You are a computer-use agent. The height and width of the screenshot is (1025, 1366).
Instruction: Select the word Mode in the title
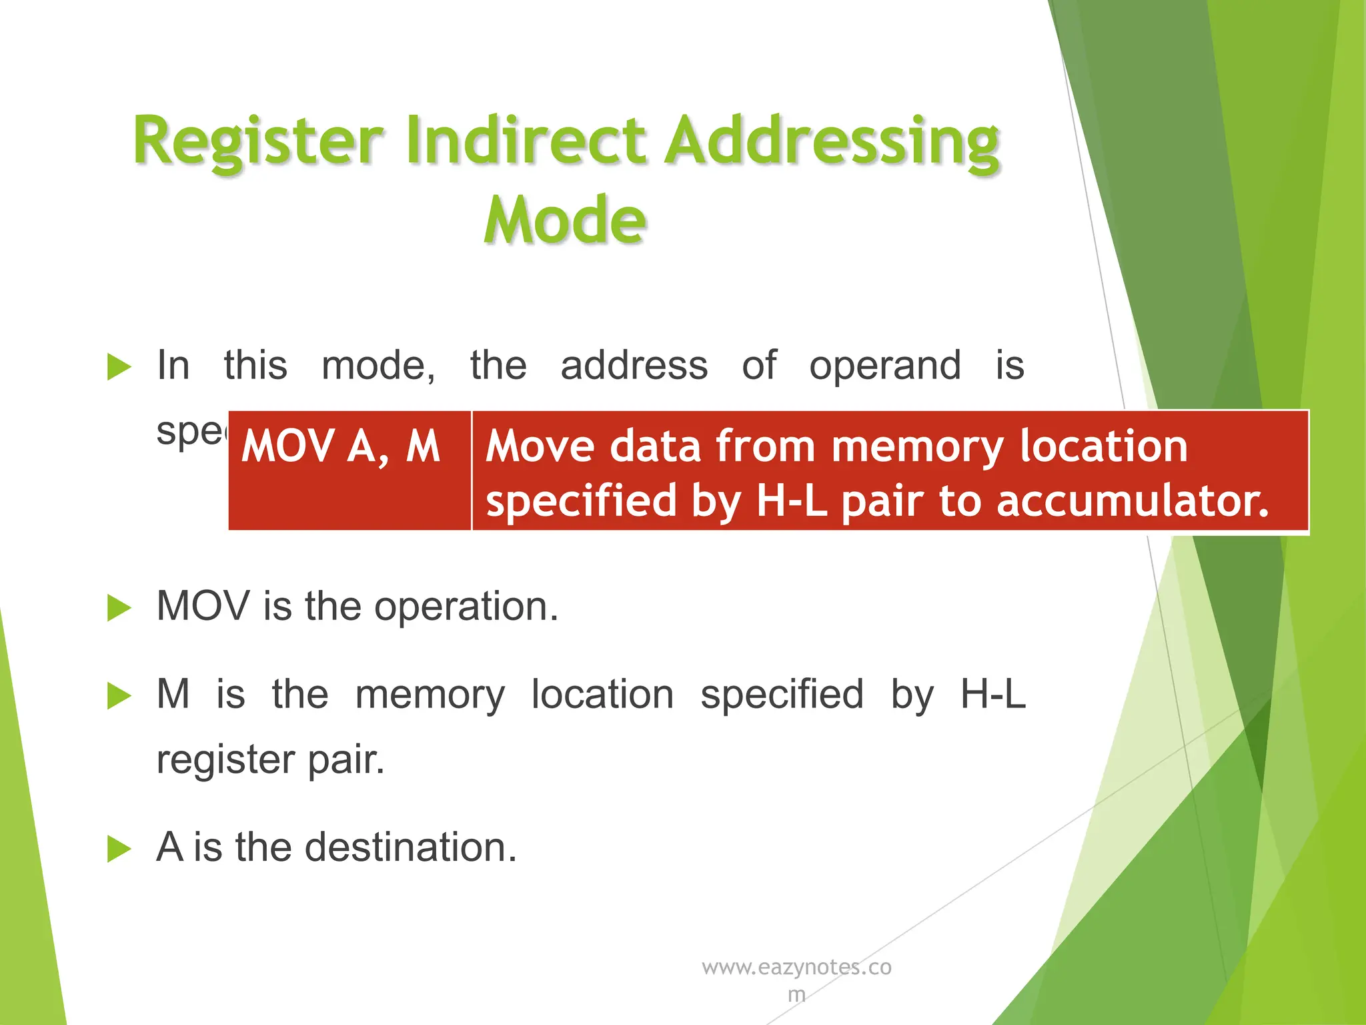[565, 220]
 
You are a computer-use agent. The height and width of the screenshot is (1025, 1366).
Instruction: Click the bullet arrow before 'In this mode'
[119, 367]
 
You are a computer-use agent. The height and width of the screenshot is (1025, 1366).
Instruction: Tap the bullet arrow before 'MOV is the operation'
[119, 608]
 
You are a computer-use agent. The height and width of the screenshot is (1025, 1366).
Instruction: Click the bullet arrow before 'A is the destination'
[119, 849]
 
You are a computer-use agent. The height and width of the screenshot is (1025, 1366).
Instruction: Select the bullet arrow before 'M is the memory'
[119, 696]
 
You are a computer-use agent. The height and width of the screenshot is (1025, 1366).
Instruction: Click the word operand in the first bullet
[884, 367]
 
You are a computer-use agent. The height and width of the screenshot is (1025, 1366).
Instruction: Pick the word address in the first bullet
[634, 366]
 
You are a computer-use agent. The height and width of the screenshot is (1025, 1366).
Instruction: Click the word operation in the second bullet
[466, 607]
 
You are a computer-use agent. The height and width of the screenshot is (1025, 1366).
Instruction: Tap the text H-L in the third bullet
[992, 694]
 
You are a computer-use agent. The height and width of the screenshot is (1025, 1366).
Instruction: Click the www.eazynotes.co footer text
[796, 967]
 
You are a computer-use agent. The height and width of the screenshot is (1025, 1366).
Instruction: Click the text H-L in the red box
[791, 501]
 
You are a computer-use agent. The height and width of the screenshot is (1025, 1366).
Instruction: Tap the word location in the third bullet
[602, 694]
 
